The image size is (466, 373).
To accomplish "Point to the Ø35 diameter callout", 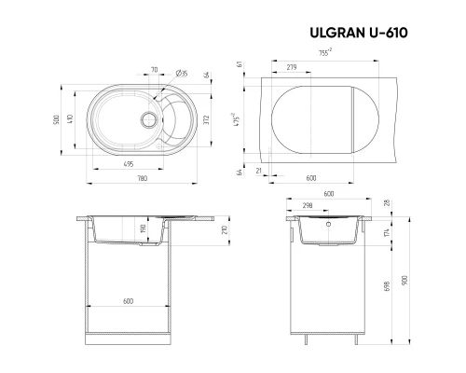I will [183, 72].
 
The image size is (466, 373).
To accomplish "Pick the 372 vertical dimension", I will [207, 119].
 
